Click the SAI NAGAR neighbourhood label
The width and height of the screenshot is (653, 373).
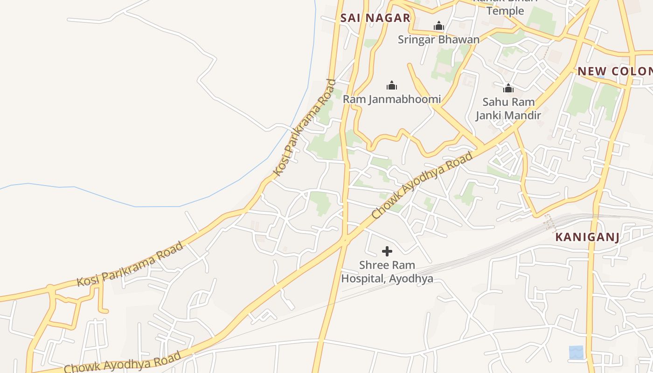(x=375, y=18)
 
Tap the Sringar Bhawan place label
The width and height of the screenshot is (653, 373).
(x=438, y=40)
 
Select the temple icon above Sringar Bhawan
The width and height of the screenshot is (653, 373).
(x=438, y=26)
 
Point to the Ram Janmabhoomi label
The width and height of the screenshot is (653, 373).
(x=392, y=99)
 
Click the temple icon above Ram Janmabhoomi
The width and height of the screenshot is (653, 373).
(x=392, y=85)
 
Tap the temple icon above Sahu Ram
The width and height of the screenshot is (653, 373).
(x=508, y=88)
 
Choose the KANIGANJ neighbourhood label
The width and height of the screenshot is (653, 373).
(x=587, y=237)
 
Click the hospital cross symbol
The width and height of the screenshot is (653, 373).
(x=387, y=252)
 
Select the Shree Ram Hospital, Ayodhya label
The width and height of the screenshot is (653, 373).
(x=387, y=272)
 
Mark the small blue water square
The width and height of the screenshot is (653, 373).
(x=576, y=352)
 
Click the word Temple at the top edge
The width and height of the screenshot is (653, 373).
(x=505, y=10)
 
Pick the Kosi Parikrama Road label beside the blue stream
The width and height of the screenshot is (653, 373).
(x=305, y=127)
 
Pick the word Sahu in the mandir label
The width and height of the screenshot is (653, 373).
(x=495, y=102)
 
